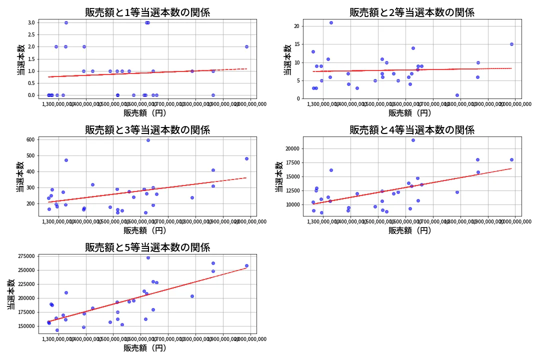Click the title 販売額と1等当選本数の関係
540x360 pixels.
[x=147, y=12]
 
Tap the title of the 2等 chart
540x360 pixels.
[x=412, y=12]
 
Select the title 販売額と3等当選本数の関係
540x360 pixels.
[x=147, y=130]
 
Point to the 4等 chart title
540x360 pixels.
[x=412, y=130]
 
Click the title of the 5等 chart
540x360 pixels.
[x=147, y=247]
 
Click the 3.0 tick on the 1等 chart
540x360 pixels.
[x=31, y=22]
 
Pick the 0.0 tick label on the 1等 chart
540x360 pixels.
[x=31, y=95]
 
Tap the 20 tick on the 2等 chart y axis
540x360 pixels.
[x=297, y=26]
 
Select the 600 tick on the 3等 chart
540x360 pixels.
[x=29, y=139]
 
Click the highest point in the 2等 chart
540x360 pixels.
[x=331, y=22]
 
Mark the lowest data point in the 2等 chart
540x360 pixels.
[x=457, y=95]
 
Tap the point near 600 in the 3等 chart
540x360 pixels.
[x=148, y=140]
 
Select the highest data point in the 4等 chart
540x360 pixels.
[x=413, y=140]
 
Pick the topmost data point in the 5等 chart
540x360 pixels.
[x=148, y=257]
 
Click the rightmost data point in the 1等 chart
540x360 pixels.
[x=246, y=46]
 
